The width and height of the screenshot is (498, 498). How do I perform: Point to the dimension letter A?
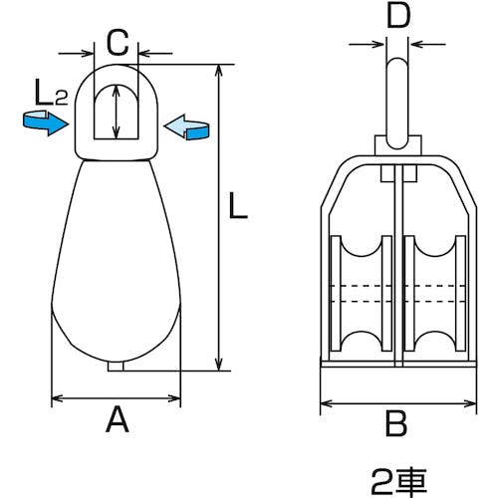[x=117, y=422]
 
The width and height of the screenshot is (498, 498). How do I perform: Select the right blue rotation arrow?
[x=188, y=125]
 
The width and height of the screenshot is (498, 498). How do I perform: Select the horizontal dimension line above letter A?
[x=117, y=399]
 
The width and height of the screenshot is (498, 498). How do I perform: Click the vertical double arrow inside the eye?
[x=118, y=112]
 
